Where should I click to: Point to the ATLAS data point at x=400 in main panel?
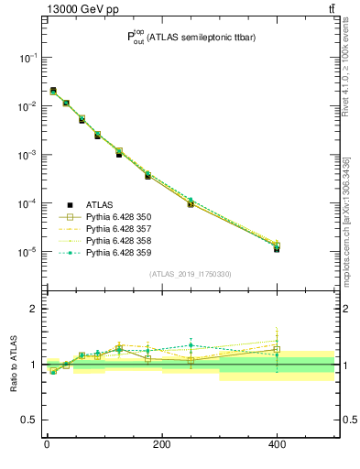click(x=278, y=248)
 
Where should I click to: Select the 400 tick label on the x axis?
click(x=277, y=445)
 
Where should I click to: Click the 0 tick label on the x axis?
click(x=47, y=445)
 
